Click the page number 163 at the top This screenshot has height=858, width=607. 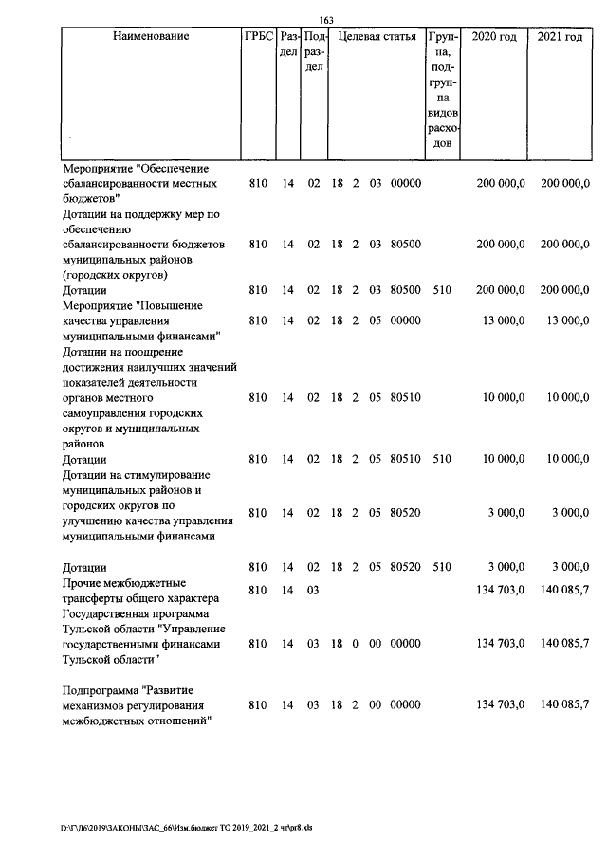[326, 21]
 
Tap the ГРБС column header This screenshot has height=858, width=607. [258, 37]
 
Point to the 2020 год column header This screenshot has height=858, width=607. [494, 37]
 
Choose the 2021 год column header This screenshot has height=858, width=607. [560, 37]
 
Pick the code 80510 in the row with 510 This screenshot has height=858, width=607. [406, 459]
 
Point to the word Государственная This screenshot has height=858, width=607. [107, 613]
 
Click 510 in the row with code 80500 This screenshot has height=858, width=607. [441, 290]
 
